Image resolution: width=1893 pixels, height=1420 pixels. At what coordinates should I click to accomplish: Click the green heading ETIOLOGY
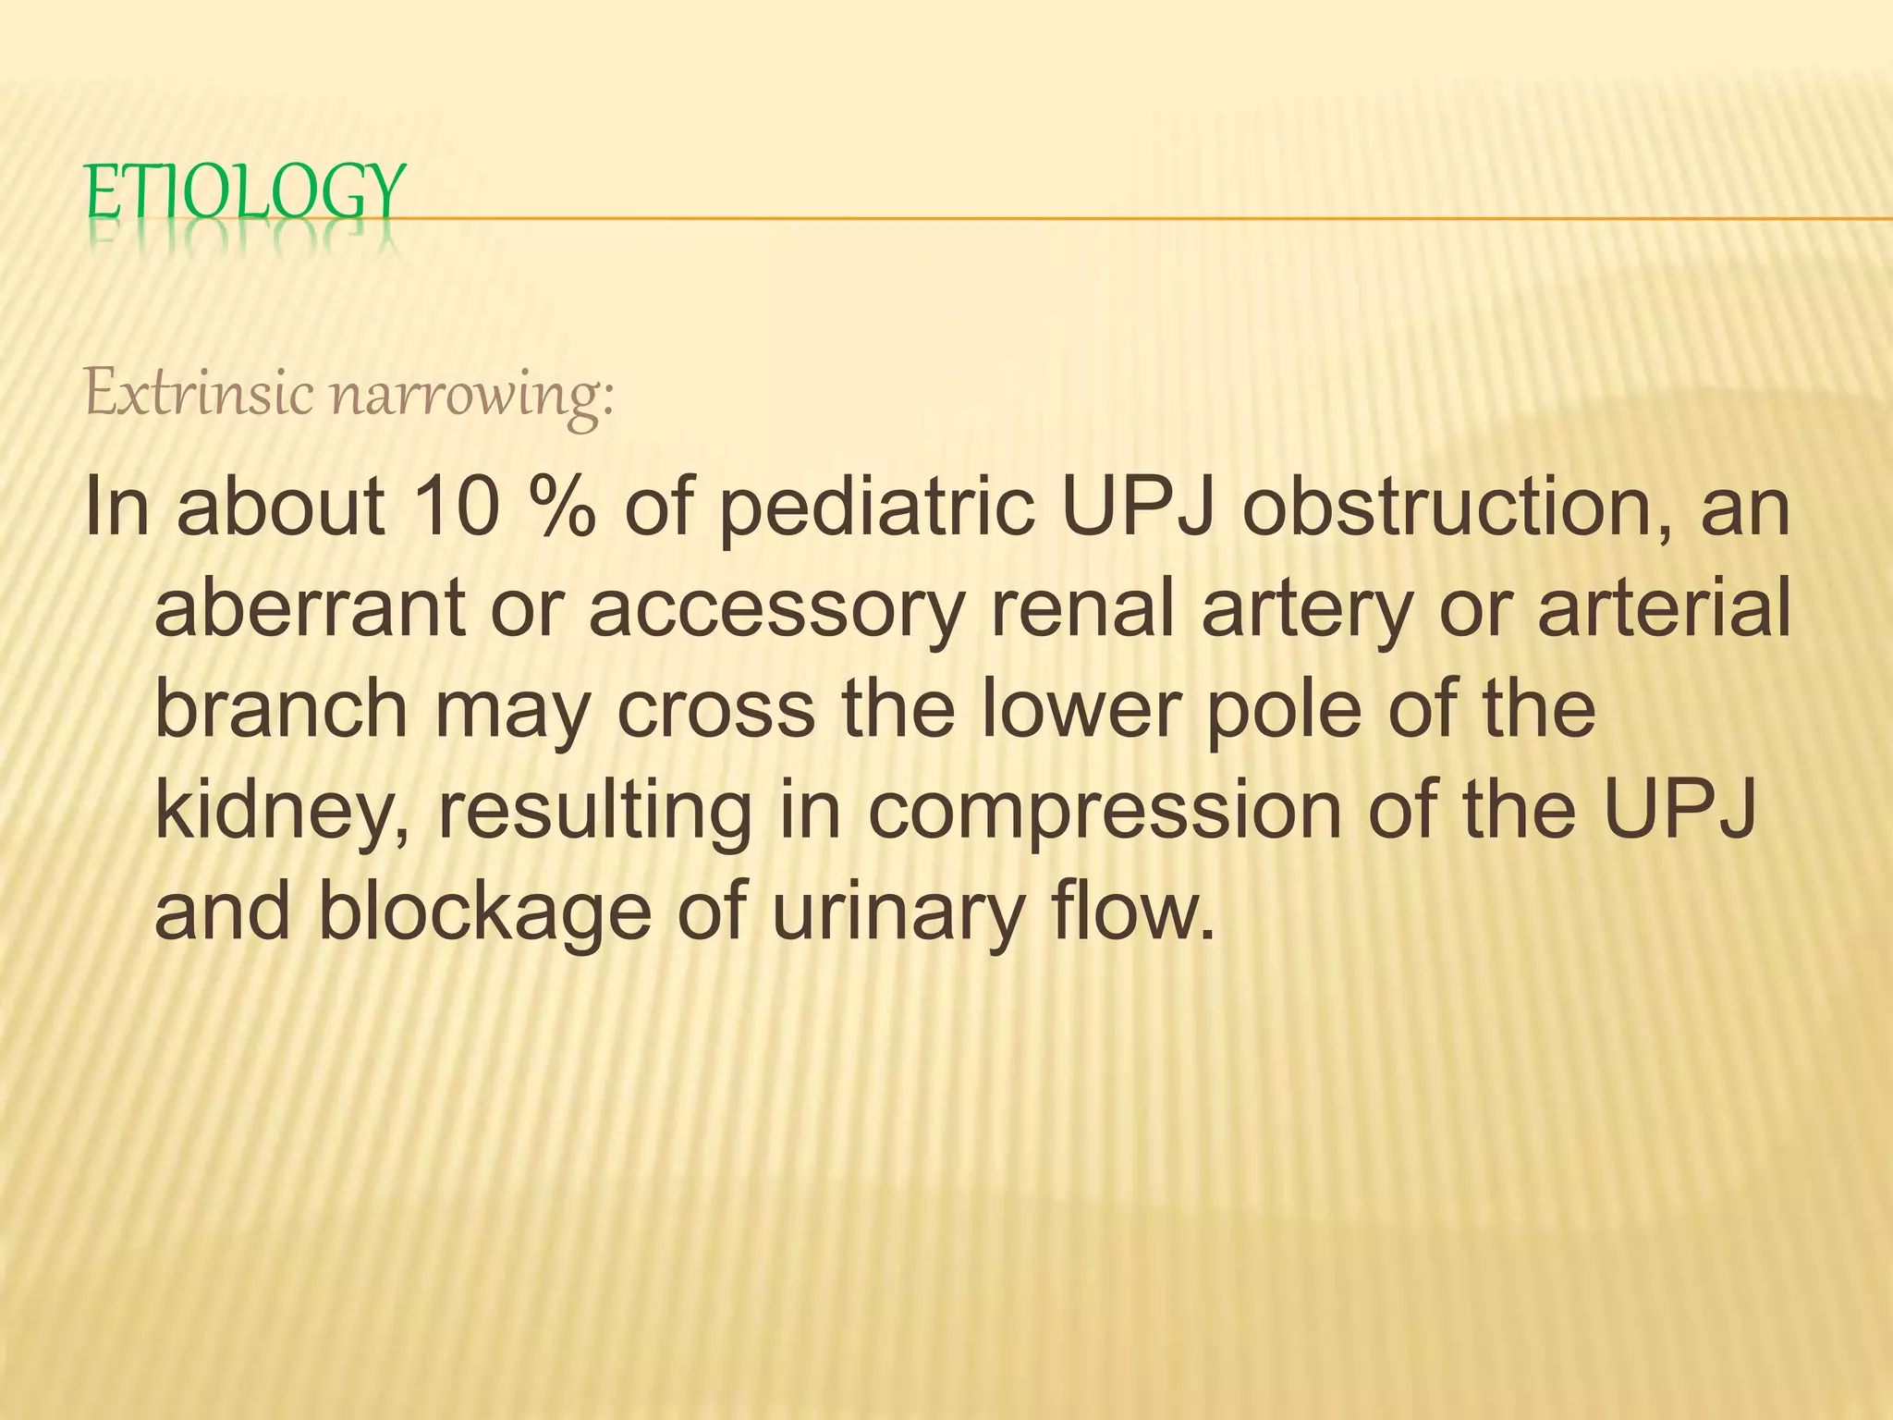[x=245, y=191]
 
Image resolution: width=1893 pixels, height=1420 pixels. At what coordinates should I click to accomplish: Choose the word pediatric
[x=875, y=510]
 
